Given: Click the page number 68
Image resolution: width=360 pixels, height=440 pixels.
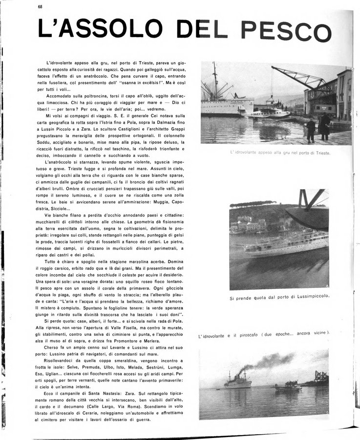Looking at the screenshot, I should [40, 7].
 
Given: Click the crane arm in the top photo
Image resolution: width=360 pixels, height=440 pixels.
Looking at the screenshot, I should [299, 77].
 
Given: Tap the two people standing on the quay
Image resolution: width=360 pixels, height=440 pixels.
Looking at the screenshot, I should [318, 128].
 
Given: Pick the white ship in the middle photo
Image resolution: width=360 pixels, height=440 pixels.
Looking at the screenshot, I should [286, 243].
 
